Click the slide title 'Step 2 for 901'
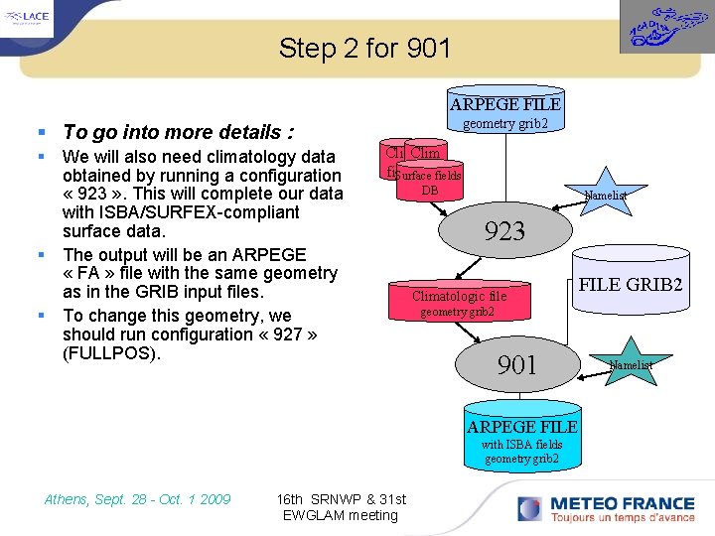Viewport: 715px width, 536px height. [364, 48]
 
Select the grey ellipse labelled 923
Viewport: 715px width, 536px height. [503, 231]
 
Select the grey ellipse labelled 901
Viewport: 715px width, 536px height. [517, 365]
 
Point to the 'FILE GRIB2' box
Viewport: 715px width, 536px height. [631, 284]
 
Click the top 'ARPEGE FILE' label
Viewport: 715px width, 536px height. [504, 104]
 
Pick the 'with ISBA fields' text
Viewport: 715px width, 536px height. [521, 444]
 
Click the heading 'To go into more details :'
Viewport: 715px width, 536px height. [178, 132]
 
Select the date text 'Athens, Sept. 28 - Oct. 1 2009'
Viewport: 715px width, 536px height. [137, 499]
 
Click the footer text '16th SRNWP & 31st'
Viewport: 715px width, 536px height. [341, 498]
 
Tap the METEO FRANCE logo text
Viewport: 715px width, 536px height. [610, 503]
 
